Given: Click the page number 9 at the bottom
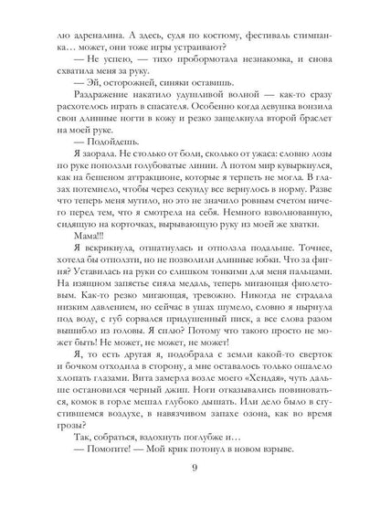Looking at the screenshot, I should tap(190, 470).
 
